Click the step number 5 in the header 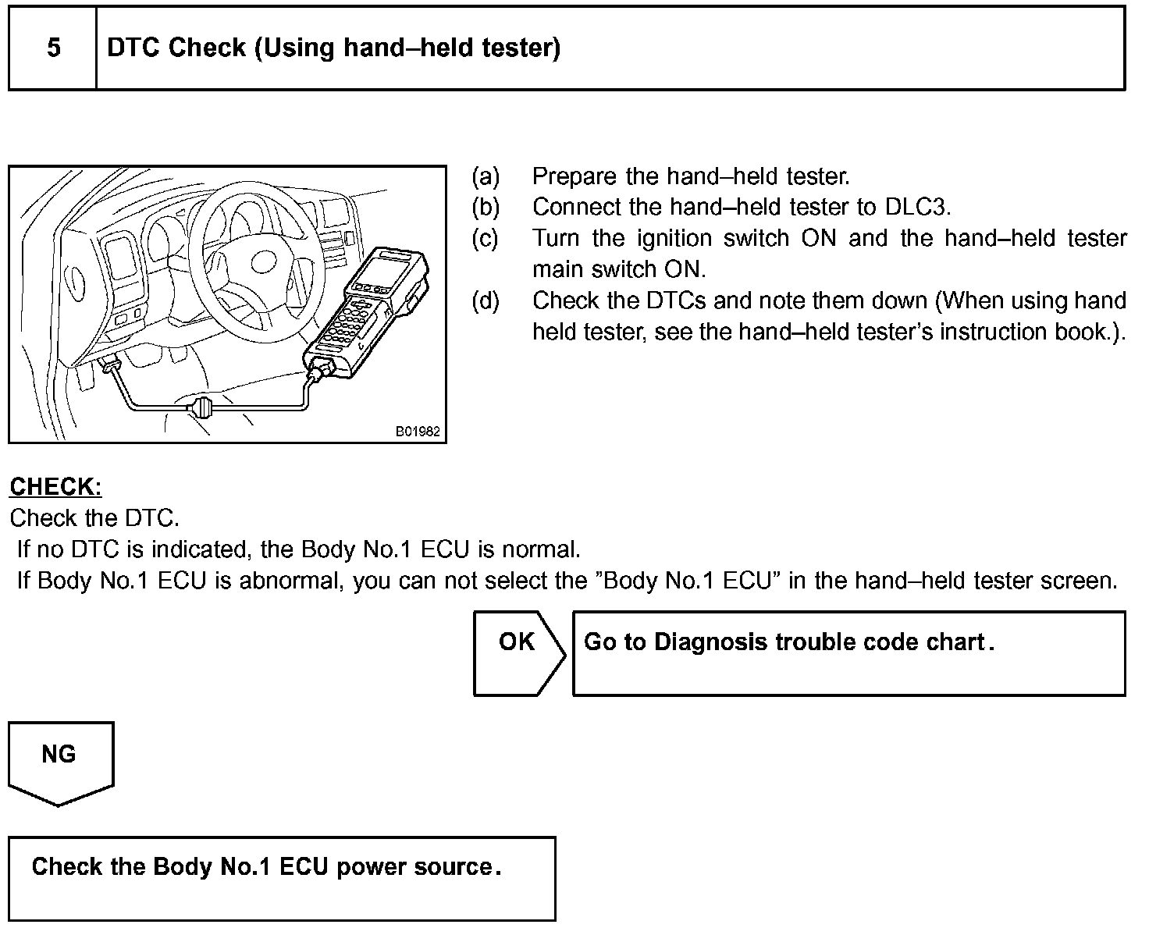coord(53,48)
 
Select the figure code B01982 coord(417,431)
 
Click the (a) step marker coord(485,176)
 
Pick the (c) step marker coord(485,239)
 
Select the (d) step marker coord(485,301)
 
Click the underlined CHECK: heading coord(55,487)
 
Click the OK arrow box coord(518,652)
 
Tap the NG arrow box coord(59,760)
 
